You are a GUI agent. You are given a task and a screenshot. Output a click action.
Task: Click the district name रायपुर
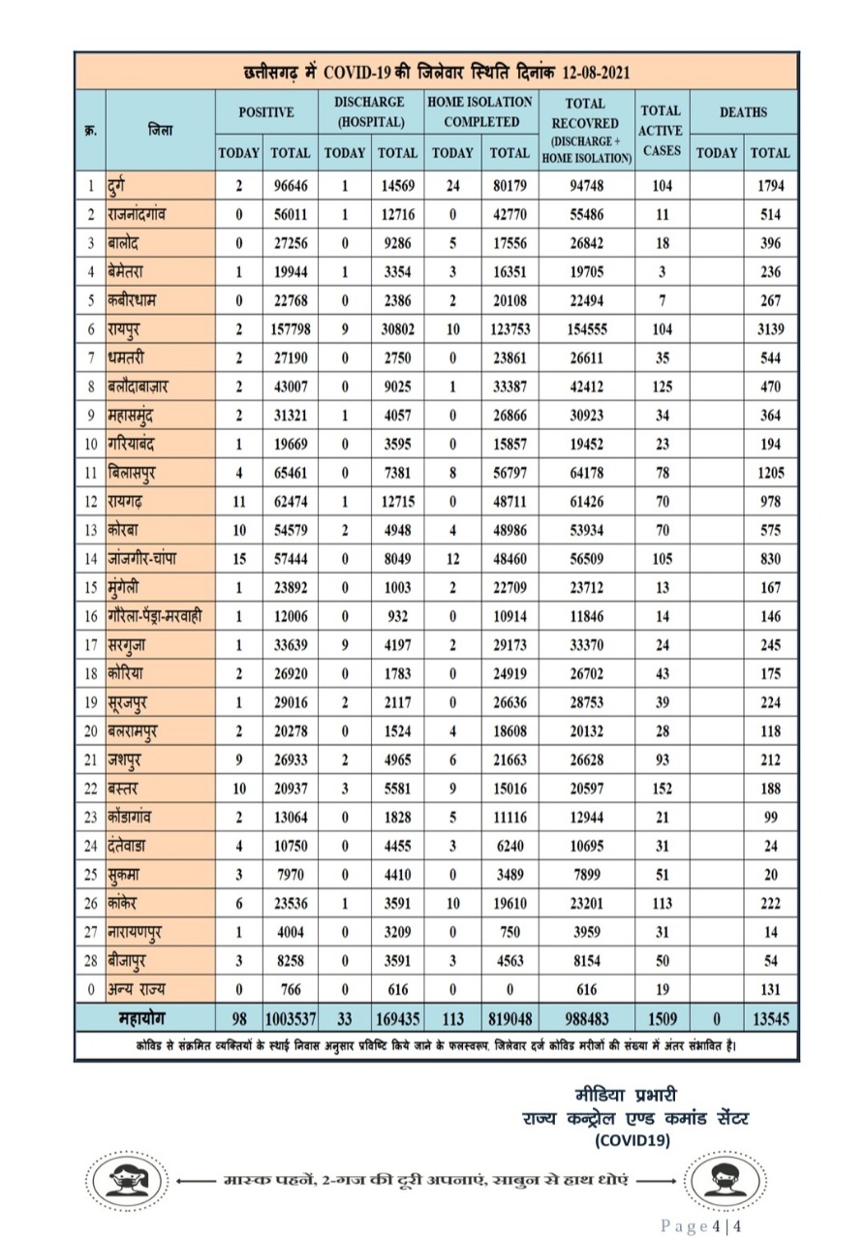click(x=132, y=329)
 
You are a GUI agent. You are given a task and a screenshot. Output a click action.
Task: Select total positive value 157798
click(x=290, y=329)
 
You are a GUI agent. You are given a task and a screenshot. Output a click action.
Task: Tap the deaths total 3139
click(x=770, y=329)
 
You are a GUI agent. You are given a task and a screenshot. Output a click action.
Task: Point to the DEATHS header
click(x=743, y=112)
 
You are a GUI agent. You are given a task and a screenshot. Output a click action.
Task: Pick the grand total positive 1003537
click(x=290, y=1019)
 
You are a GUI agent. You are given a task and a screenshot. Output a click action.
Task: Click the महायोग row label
click(x=143, y=1019)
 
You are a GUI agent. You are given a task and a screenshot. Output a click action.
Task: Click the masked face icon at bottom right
click(x=719, y=1181)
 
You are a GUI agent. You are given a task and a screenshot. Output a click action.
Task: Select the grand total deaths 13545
click(x=770, y=1019)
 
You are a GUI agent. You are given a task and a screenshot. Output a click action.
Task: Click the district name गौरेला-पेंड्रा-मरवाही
click(x=155, y=618)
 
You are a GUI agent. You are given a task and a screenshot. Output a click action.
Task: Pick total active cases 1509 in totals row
click(x=662, y=1019)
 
